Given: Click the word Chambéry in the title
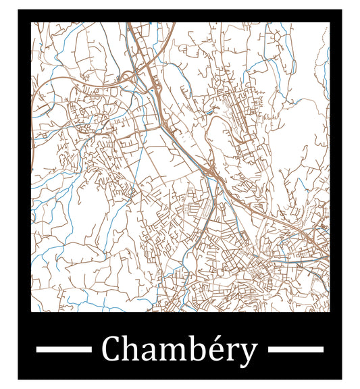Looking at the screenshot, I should [x=179, y=350].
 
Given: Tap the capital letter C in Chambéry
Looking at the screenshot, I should [x=112, y=350].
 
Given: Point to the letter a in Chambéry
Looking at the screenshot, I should [x=151, y=352].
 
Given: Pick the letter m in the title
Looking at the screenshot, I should [x=172, y=352].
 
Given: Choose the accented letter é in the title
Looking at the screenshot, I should [x=213, y=351].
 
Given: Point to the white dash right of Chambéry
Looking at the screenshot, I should [x=296, y=349].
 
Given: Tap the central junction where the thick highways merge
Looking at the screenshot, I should [x=211, y=172].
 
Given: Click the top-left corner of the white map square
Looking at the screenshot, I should [x=31, y=22].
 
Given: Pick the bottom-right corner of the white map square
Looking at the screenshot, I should [x=330, y=311].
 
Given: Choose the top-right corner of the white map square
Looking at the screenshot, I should [x=330, y=22].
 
